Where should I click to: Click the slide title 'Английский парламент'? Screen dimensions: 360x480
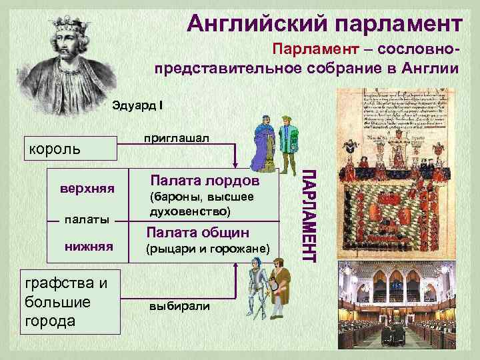click(x=324, y=24)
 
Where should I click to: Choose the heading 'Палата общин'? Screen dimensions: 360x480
click(x=199, y=232)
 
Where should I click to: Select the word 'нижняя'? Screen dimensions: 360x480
click(x=86, y=247)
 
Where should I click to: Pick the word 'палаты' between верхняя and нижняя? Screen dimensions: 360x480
click(x=87, y=219)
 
